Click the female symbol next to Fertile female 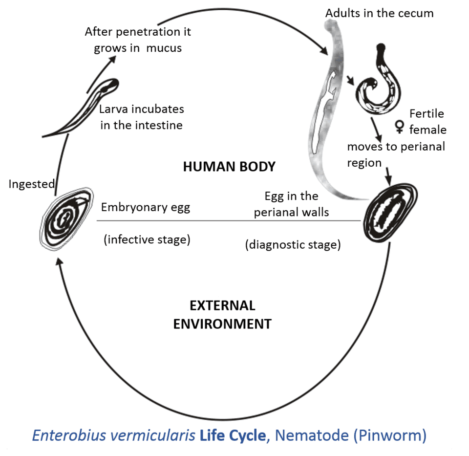[399, 127]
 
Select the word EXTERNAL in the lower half [223, 306]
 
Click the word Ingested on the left [32, 184]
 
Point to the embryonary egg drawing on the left [66, 219]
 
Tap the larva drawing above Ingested [81, 108]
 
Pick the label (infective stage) [147, 239]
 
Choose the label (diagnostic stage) [293, 245]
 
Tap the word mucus [164, 48]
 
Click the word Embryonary [134, 207]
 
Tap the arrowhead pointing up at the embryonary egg [60, 262]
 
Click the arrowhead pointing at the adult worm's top [324, 50]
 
